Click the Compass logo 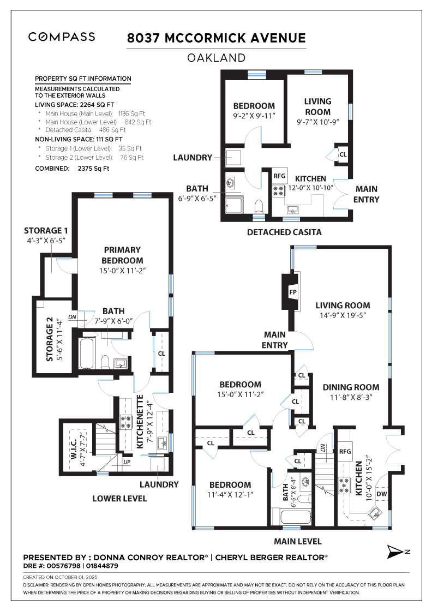(x=62, y=37)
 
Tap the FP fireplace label (x=293, y=292)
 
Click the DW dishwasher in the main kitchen (x=382, y=494)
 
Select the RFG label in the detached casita (x=279, y=176)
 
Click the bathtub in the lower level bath (x=87, y=353)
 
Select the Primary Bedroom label (x=122, y=255)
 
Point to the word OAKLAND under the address (x=216, y=58)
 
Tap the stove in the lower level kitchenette (x=126, y=421)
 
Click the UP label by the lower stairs (x=127, y=462)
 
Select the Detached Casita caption (x=284, y=232)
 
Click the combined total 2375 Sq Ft (x=93, y=169)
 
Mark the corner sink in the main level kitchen (x=375, y=513)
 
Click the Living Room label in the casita (x=318, y=106)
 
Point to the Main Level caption (x=298, y=541)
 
